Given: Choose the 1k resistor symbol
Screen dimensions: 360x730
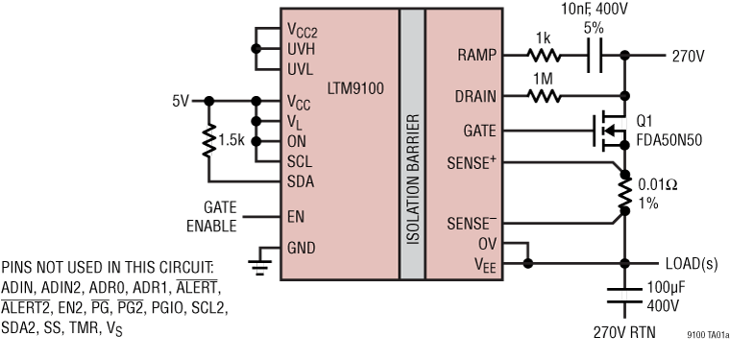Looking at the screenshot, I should [x=545, y=56].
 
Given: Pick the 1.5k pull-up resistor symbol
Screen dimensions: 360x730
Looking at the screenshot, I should [x=207, y=140].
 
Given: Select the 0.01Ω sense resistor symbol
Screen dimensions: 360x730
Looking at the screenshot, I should [x=625, y=196].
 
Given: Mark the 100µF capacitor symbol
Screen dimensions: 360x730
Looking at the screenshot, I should [x=625, y=294].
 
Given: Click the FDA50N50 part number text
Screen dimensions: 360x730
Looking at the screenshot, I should [x=669, y=139].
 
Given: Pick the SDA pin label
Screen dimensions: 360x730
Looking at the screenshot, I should [x=301, y=180].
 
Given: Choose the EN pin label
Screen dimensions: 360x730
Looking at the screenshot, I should [x=296, y=216].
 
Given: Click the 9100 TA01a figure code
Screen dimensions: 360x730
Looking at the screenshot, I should [x=707, y=336].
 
